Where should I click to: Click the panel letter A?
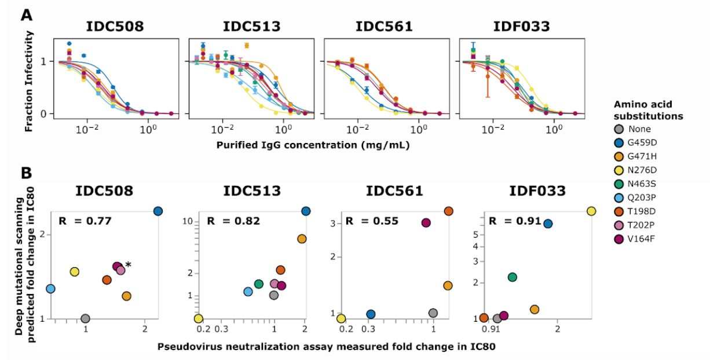[26, 13]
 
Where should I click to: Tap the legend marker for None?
[619, 129]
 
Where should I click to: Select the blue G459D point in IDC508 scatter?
[158, 211]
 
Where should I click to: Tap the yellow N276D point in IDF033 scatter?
[591, 211]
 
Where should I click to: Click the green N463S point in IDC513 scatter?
[259, 284]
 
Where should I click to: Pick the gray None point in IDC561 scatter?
[433, 313]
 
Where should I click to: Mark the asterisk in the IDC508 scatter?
[128, 265]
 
